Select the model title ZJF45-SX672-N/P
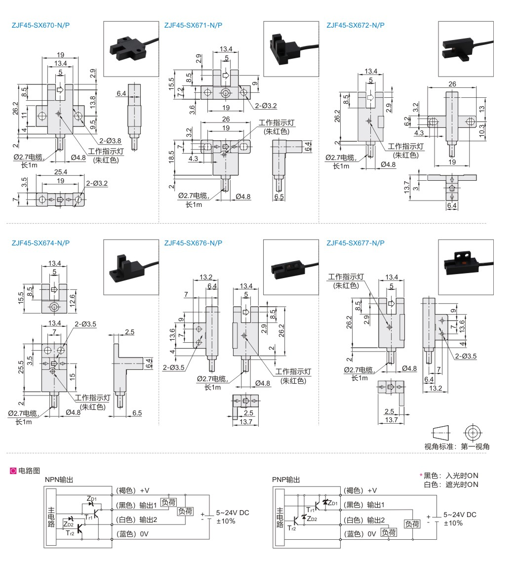[356, 25]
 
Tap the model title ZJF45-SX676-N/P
[193, 243]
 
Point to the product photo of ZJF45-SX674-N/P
[131, 267]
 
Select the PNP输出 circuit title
[285, 480]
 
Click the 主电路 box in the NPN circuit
[51, 517]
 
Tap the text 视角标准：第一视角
[457, 446]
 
